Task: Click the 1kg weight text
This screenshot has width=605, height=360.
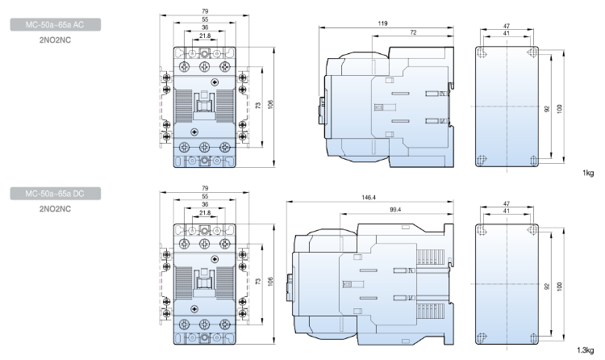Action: click(x=590, y=172)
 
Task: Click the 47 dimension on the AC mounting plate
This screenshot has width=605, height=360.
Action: click(x=507, y=27)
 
